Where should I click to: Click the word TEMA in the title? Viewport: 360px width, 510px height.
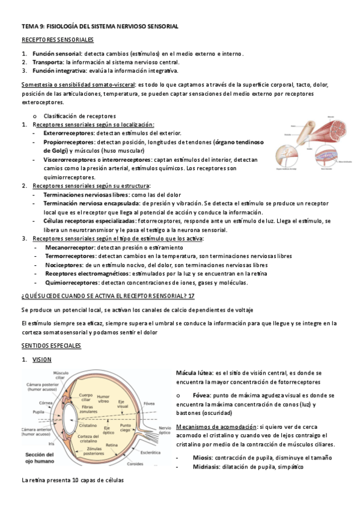point(29,27)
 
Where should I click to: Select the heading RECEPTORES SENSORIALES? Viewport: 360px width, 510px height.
point(58,40)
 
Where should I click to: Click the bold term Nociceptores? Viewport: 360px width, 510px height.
point(64,265)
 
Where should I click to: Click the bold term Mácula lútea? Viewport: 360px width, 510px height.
point(194,373)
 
